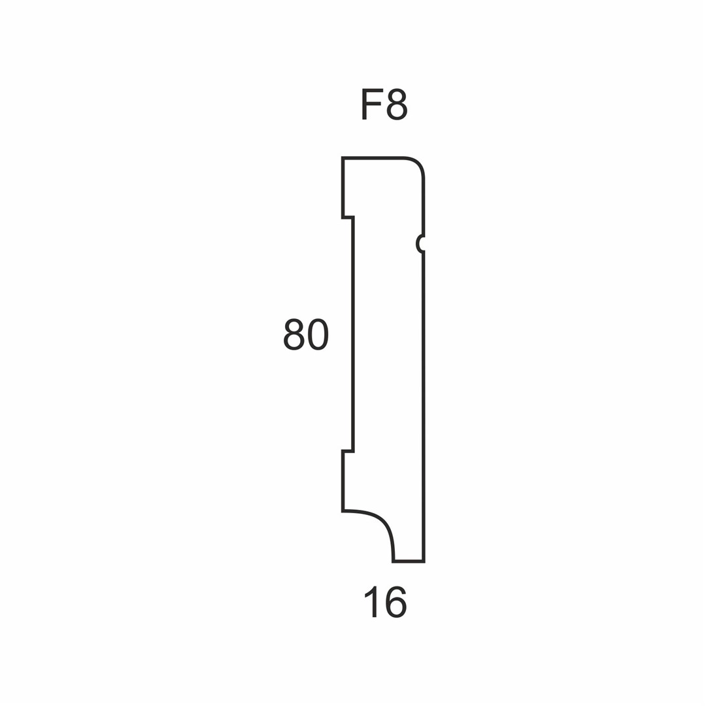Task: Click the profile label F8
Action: click(384, 105)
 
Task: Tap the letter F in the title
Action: click(371, 105)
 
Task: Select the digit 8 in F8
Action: click(397, 105)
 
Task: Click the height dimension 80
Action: click(306, 335)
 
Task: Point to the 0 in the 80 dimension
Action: click(319, 335)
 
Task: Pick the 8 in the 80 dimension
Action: click(294, 335)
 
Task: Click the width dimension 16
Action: click(385, 602)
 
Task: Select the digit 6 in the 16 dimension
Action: click(396, 602)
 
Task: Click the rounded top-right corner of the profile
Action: click(418, 163)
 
